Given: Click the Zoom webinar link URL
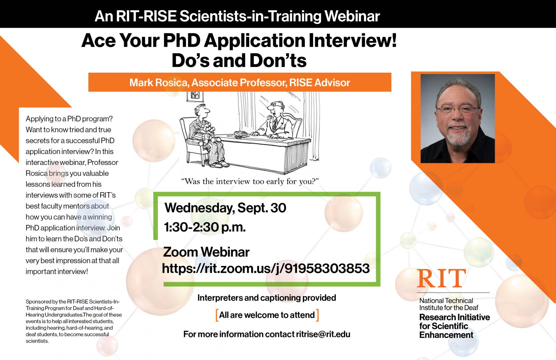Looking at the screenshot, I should click(266, 268).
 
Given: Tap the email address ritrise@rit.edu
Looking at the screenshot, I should click(323, 334).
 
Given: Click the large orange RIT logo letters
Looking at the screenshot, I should click(441, 278).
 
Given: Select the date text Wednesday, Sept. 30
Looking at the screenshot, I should click(225, 208).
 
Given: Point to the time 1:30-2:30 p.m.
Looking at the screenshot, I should click(205, 227).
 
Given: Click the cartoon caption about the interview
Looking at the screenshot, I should click(250, 181).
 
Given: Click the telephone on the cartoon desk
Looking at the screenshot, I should click(241, 134).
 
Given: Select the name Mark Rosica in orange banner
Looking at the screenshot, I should click(159, 83).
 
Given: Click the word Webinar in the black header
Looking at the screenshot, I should click(352, 16).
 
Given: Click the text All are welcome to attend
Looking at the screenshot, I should click(267, 315).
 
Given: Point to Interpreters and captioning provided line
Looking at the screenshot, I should click(267, 298).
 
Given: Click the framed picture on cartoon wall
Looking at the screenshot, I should click(195, 96).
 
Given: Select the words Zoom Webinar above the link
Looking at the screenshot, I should click(206, 252).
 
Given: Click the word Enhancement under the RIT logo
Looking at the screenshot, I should click(446, 335).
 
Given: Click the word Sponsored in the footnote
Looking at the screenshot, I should click(38, 302).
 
